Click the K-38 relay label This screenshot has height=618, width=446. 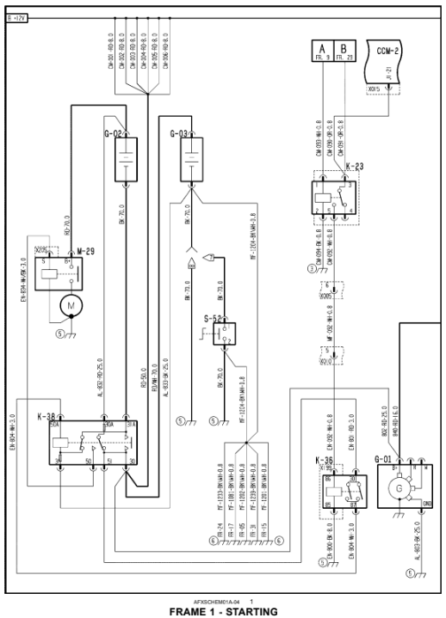48,416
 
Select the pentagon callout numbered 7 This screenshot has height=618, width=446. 209,256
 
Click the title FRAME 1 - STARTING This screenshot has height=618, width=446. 223,611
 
